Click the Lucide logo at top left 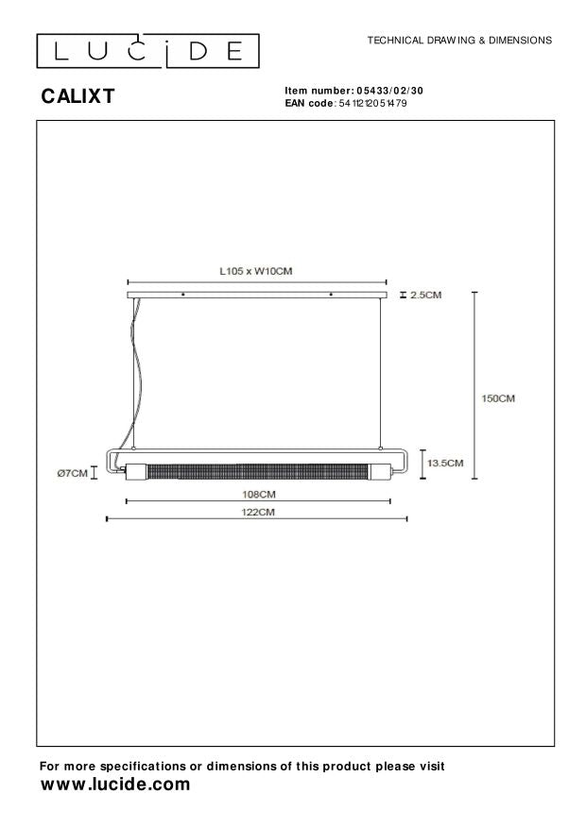tap(147, 50)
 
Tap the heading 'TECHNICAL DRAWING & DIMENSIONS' tap(459, 42)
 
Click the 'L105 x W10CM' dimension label tap(256, 271)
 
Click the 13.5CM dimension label tap(445, 464)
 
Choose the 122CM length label tap(256, 512)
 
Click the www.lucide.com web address tap(114, 786)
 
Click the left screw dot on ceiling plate tap(182, 296)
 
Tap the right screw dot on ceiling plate tap(331, 296)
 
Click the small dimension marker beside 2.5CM tap(404, 296)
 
